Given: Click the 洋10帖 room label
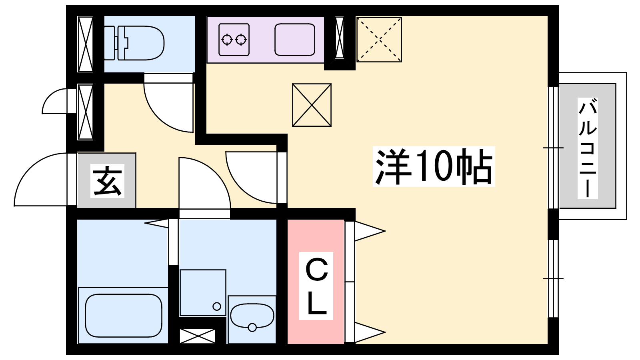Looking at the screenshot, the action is pos(434,166).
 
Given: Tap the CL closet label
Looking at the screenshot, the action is pos(316,286).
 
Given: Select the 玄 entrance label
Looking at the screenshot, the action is pos(108,181).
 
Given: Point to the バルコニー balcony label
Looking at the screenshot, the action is pos(588,148).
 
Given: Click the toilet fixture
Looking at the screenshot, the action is pos(134,43).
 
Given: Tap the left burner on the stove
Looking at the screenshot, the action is pos(227,40).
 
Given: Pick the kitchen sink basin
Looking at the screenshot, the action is pos(294,40).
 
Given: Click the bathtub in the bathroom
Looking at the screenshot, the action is pos(124,316).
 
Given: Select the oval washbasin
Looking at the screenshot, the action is pos(252,316).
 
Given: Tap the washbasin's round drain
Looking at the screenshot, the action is pos(252,327).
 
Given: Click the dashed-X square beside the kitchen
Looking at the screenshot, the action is pos(379,40).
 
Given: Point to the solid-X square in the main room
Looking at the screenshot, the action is pos(312,105).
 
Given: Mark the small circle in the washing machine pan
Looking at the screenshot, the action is pos(217,306).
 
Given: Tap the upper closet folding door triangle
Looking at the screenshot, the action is pos(370,231).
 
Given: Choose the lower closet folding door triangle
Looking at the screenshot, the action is pos(370,332).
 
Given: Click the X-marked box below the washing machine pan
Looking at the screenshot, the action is pos(198,336).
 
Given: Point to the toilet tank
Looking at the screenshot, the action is pos(111,43).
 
